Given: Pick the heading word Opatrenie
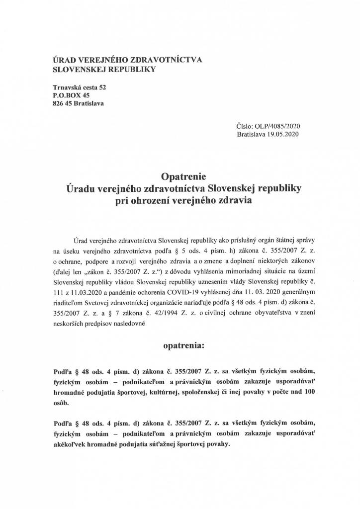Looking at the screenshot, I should click(180, 177).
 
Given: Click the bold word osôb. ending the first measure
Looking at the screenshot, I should click(61, 404).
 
